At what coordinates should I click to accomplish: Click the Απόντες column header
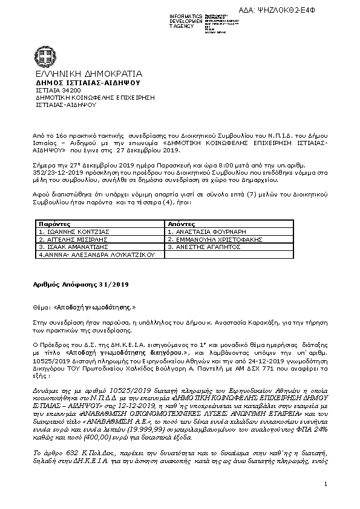coord(182,224)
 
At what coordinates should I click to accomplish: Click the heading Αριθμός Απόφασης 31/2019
coord(80,284)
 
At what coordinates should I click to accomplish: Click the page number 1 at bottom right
coord(326,484)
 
